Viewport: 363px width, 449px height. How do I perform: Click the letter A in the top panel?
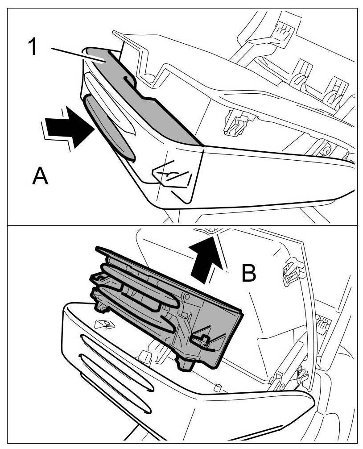pos(40,177)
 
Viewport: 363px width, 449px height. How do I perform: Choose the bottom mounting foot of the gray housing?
pos(187,364)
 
